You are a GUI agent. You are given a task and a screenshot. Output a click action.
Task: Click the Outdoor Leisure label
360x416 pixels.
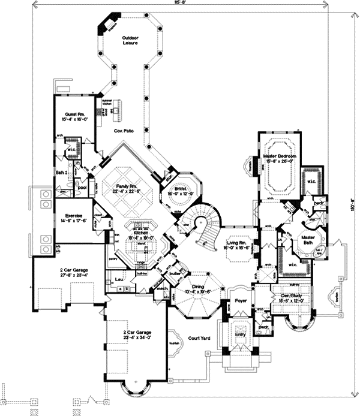131,40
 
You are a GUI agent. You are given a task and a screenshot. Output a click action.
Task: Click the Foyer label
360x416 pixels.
241,301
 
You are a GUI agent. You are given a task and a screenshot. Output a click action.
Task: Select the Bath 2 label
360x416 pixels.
62,173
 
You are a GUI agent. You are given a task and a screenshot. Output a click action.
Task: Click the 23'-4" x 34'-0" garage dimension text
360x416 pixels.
134,337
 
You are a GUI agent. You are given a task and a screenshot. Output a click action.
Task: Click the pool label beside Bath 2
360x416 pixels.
82,186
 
